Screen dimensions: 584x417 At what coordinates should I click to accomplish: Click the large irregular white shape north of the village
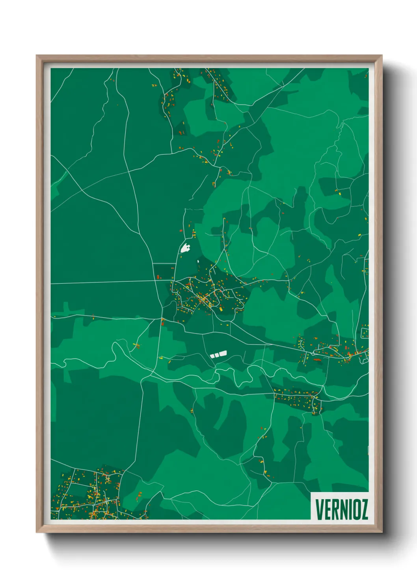(x=185, y=248)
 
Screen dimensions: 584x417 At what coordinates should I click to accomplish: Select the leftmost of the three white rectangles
(x=212, y=356)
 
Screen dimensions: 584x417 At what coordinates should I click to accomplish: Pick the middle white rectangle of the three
(x=216, y=355)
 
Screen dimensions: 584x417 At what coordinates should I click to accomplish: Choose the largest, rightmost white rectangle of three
(x=223, y=354)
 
